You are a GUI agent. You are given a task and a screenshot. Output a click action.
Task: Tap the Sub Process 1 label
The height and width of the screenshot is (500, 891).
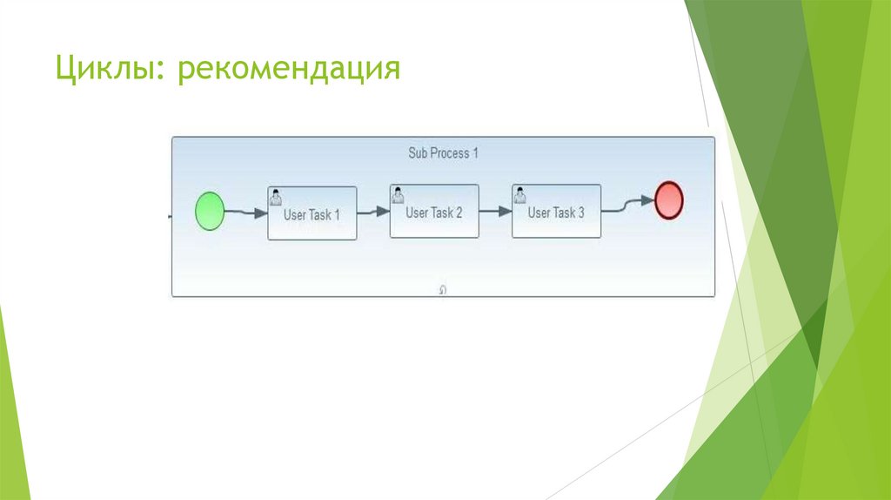[444, 153]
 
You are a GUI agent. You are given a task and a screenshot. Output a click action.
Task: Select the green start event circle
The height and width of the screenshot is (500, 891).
[209, 212]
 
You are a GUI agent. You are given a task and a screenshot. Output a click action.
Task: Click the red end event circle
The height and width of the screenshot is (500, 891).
[668, 199]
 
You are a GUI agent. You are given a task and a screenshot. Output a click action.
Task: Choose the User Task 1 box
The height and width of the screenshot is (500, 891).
[312, 213]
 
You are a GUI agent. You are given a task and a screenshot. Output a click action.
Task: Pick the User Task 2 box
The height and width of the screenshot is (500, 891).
[434, 212]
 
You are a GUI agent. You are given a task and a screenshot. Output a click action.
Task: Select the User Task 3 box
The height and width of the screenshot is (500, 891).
[556, 212]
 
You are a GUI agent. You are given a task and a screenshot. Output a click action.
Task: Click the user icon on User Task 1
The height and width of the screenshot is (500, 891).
[276, 195]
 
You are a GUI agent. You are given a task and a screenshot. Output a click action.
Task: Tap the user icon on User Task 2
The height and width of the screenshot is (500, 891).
[398, 193]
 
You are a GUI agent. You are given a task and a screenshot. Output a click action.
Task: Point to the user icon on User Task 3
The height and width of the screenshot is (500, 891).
[519, 193]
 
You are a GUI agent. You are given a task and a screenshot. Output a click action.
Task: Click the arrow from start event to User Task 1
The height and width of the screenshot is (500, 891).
[246, 213]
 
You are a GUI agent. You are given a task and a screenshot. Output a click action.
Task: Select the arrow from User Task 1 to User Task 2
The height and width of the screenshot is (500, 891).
[373, 211]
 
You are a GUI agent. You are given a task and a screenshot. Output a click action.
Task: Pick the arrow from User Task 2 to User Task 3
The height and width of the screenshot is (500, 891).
[495, 211]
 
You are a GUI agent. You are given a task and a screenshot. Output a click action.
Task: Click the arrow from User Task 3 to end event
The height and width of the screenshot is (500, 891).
[627, 204]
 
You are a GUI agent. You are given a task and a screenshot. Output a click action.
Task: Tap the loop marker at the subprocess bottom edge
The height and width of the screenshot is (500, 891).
[443, 291]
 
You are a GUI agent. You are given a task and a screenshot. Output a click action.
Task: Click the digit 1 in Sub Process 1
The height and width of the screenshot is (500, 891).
[476, 153]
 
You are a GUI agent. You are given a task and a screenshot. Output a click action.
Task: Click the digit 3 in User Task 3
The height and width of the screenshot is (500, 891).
[580, 212]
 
